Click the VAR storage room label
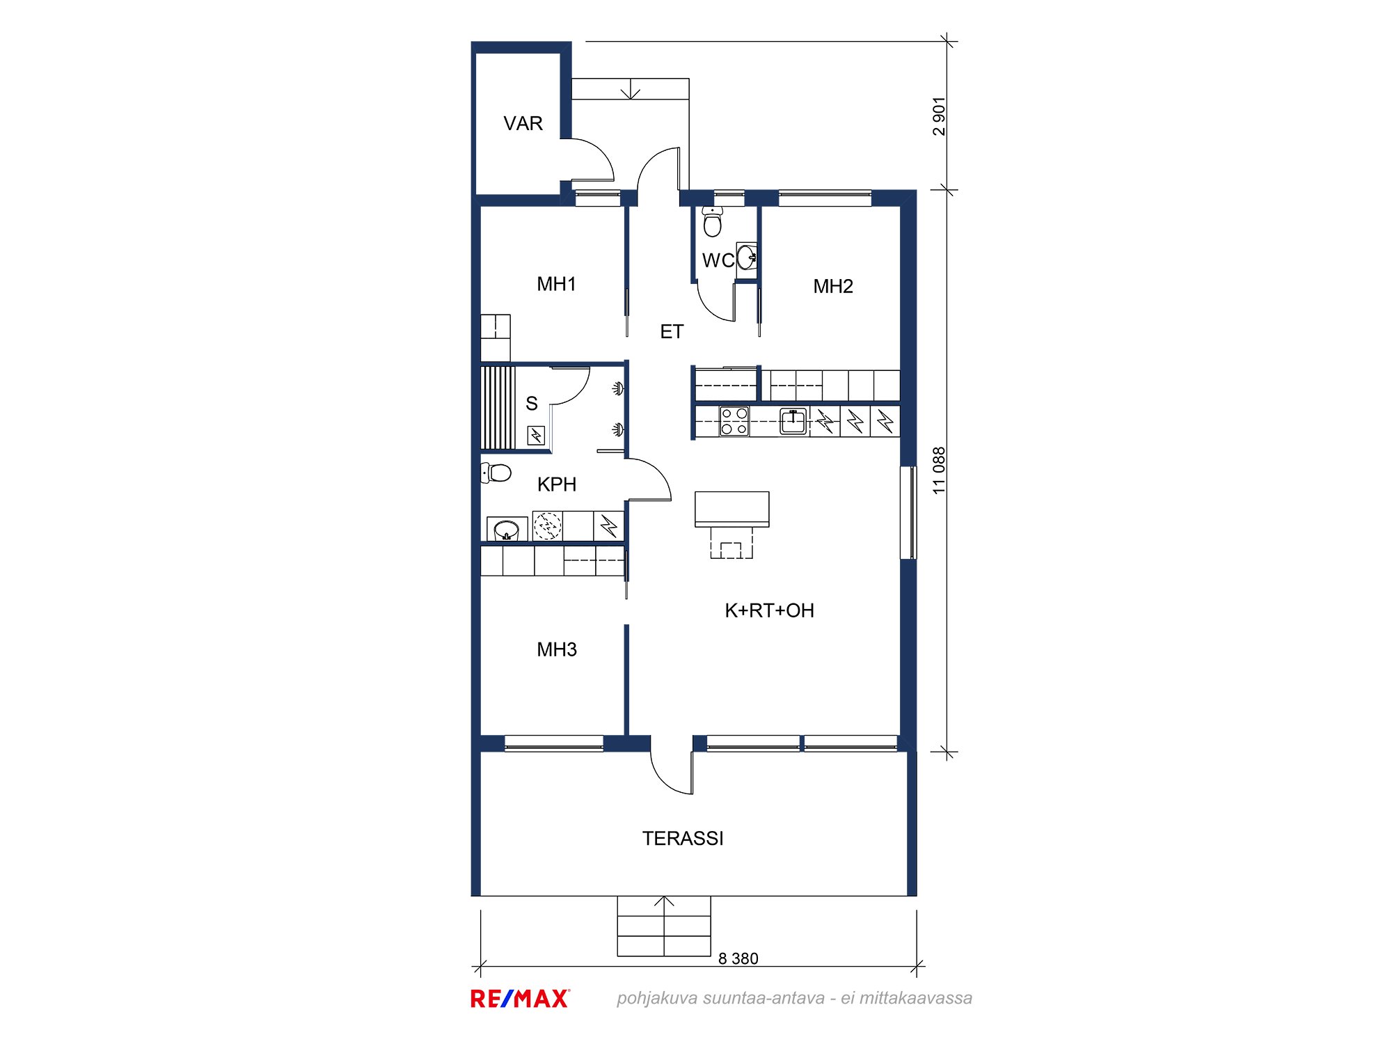(x=523, y=123)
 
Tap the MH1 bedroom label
(x=556, y=284)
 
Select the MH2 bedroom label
(x=833, y=286)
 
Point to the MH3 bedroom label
(x=557, y=649)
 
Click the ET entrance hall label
(x=672, y=332)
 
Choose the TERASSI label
(x=683, y=839)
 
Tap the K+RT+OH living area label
(x=769, y=610)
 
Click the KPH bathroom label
(x=557, y=484)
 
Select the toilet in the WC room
(x=712, y=221)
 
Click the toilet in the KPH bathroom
(x=496, y=473)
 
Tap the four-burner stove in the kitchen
(x=734, y=421)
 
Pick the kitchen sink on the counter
(x=793, y=421)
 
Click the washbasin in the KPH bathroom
(x=507, y=530)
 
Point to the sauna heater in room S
(x=536, y=436)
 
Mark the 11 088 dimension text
(x=940, y=470)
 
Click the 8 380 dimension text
(x=738, y=958)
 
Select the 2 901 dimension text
(x=940, y=116)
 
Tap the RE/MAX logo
(x=520, y=999)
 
